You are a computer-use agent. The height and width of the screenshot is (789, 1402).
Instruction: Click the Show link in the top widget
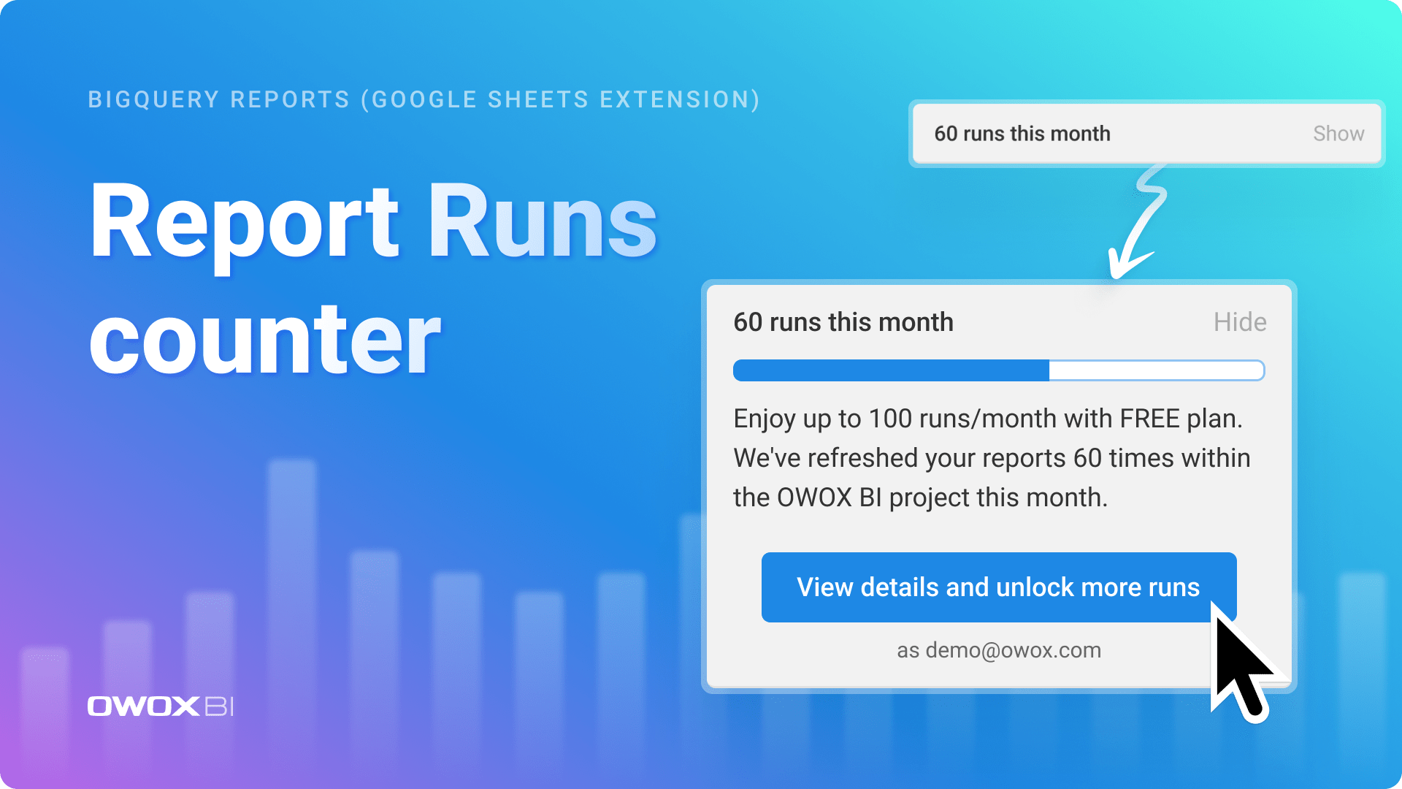tap(1338, 134)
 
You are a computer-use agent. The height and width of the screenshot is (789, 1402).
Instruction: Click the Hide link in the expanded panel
tap(1239, 322)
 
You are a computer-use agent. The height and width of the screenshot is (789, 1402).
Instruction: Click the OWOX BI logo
tap(161, 706)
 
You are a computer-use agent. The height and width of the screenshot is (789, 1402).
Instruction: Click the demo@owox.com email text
tap(1013, 650)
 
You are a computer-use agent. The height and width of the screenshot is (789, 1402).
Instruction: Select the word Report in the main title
tap(245, 223)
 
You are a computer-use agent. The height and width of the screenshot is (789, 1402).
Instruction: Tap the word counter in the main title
tap(265, 340)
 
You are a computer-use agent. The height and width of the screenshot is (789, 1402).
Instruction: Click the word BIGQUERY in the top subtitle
tap(153, 99)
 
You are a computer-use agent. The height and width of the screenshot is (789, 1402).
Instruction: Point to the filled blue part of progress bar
tap(891, 370)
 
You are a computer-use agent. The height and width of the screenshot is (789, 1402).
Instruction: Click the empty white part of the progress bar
tap(1156, 370)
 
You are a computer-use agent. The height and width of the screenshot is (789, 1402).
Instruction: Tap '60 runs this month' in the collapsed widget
tap(1022, 134)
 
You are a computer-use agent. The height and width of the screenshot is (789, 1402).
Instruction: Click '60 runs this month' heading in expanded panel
tap(843, 322)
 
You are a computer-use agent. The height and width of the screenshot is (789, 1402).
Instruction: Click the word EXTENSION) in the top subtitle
tap(680, 99)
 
